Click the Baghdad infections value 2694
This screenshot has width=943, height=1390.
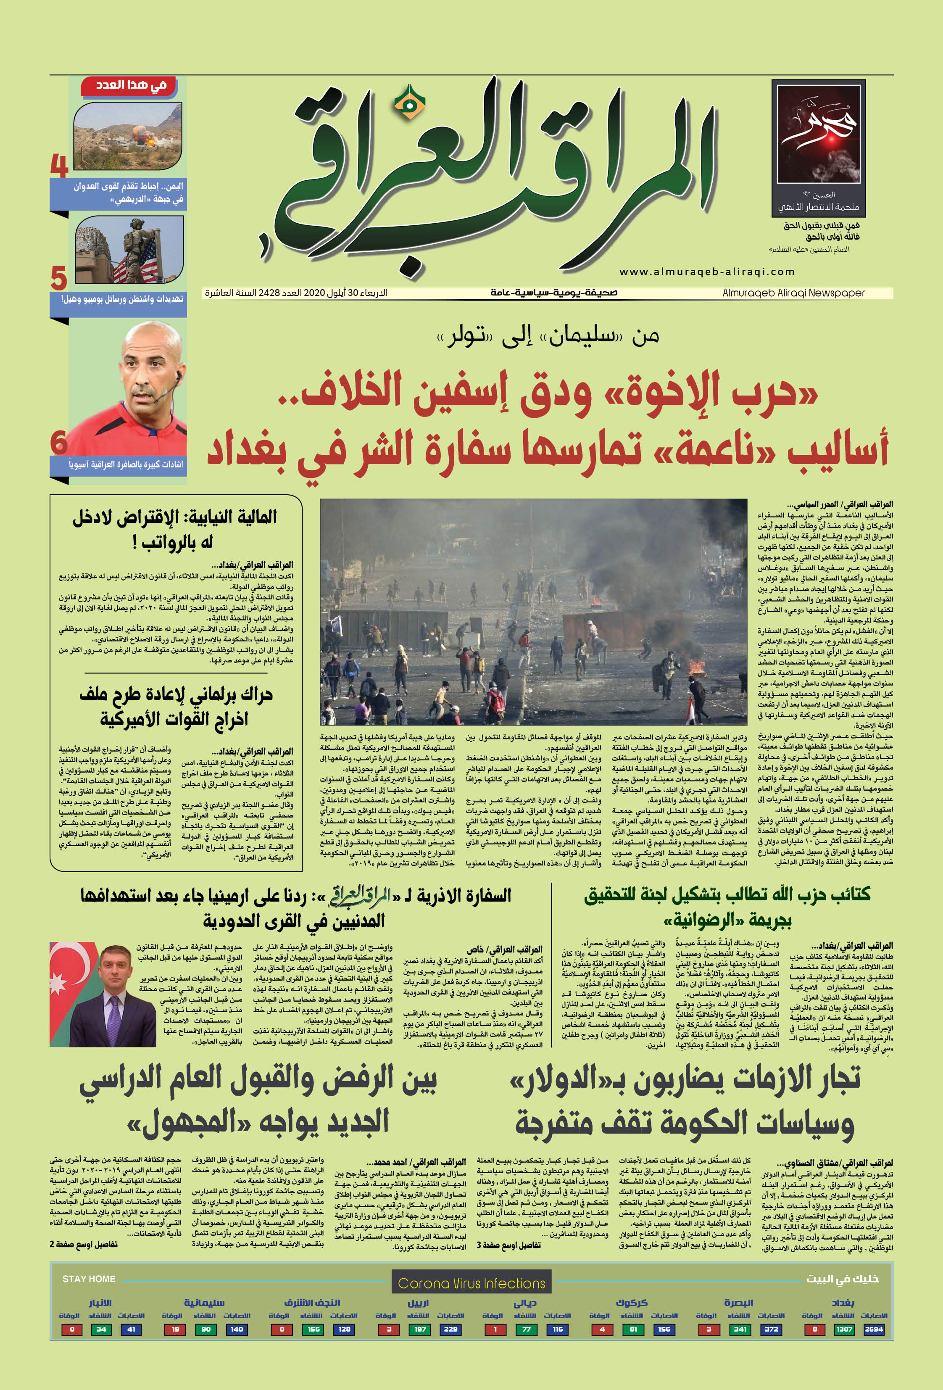coord(874,1329)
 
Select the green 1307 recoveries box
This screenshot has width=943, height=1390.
coord(844,1329)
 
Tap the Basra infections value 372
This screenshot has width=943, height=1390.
coord(772,1329)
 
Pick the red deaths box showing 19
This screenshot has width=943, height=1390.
coord(175,1329)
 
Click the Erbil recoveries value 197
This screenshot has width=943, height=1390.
coord(420,1329)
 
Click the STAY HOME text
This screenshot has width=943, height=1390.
coord(89,1279)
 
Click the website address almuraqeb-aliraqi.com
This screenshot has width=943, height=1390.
coord(707,272)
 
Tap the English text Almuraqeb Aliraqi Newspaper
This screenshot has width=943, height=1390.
coord(793,293)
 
